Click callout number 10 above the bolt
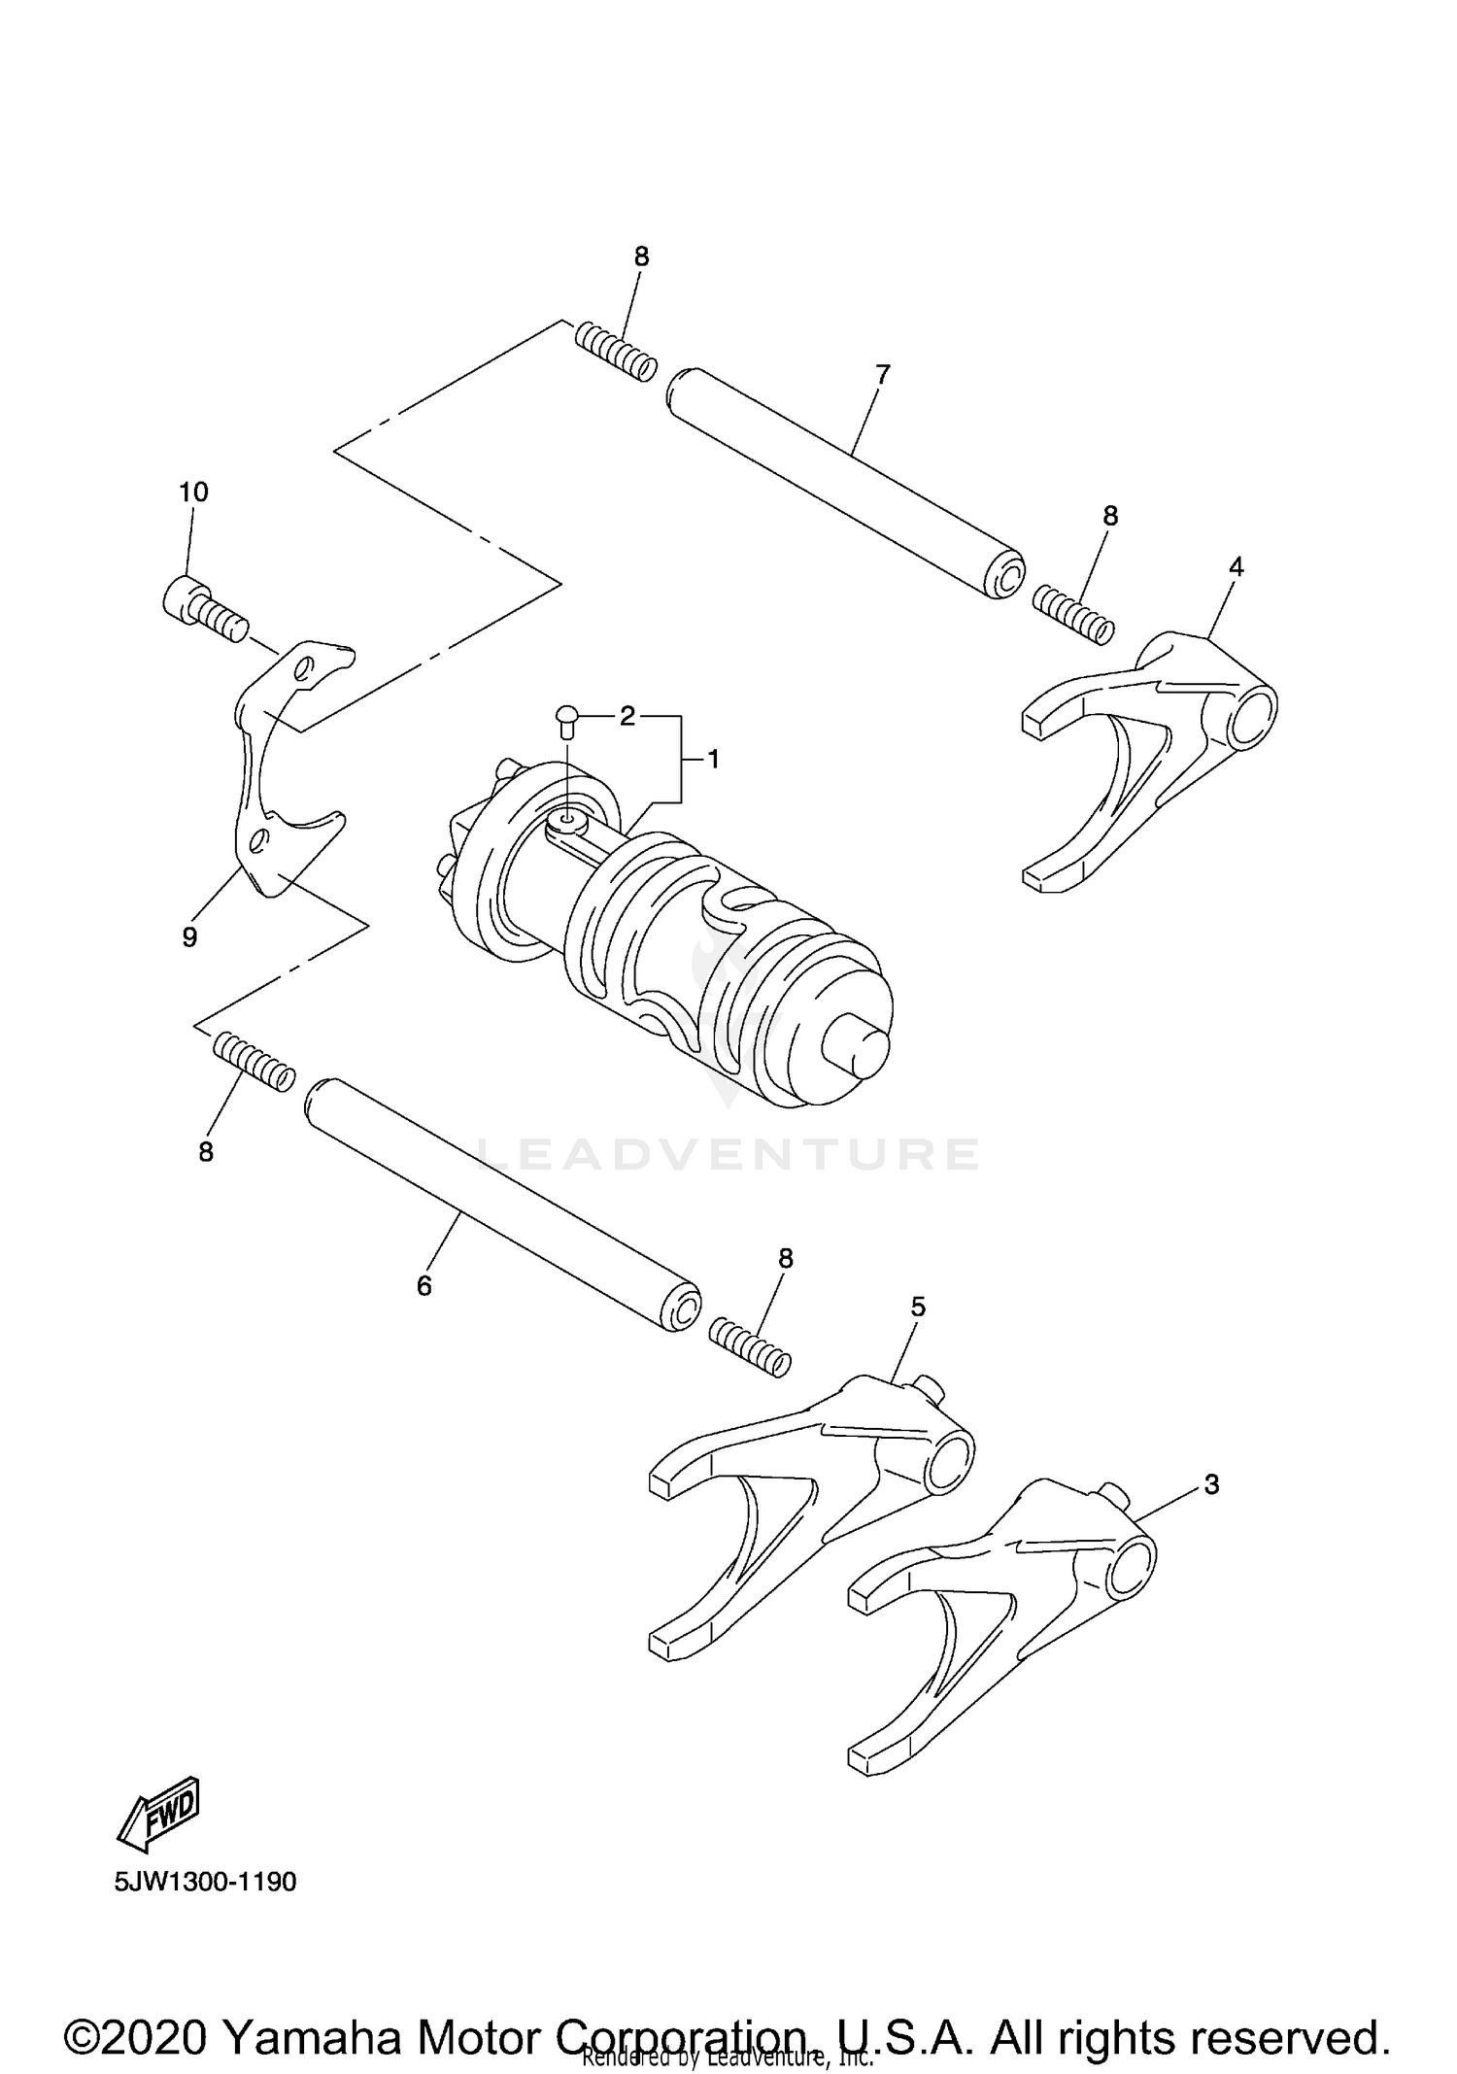tap(193, 493)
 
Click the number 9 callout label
tap(189, 936)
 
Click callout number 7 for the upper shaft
tap(882, 374)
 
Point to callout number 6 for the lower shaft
tap(424, 1285)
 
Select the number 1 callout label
tap(713, 760)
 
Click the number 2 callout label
tap(627, 717)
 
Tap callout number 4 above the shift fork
tap(1236, 566)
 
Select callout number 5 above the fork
tap(918, 1307)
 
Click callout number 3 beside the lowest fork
tap(1210, 1484)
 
